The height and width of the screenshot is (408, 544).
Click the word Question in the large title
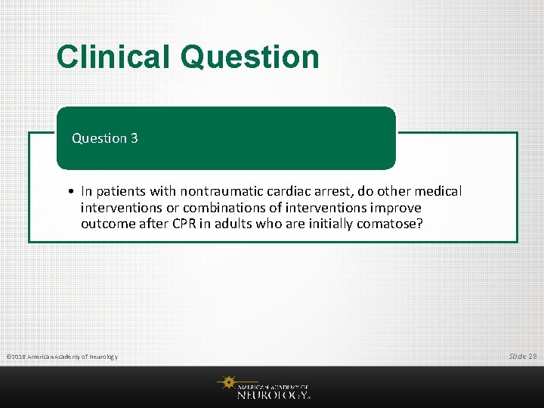tap(250, 57)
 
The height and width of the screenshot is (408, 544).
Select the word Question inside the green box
tap(99, 138)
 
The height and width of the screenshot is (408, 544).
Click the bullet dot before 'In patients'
tap(69, 192)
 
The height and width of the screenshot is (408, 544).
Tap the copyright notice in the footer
tap(61, 356)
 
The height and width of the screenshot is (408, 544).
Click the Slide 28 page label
tap(522, 355)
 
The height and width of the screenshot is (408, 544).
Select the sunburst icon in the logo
tap(226, 383)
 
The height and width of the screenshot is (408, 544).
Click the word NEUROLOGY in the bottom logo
tap(272, 394)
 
